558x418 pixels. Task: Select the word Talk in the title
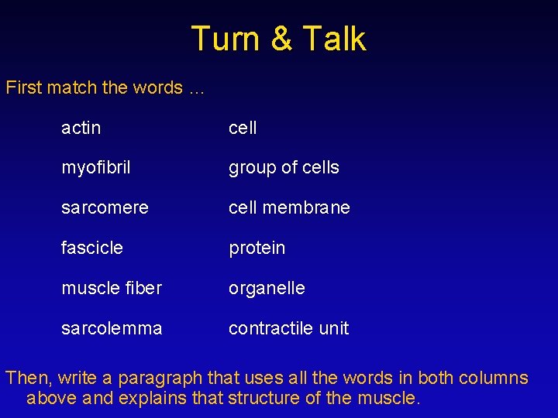(x=335, y=39)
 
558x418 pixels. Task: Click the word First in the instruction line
(x=23, y=87)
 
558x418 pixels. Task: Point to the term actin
(x=81, y=128)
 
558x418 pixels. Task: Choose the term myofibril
(x=96, y=168)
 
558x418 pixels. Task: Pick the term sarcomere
(x=105, y=208)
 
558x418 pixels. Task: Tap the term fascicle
(x=92, y=248)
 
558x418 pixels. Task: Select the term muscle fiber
(x=112, y=289)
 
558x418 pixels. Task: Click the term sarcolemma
(x=112, y=328)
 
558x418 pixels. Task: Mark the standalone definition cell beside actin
(x=243, y=128)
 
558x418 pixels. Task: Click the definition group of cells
(x=284, y=168)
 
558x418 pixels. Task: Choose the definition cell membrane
(x=289, y=208)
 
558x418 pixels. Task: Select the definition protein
(x=257, y=248)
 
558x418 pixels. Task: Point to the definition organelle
(x=267, y=289)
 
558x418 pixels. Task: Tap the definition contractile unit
(x=288, y=328)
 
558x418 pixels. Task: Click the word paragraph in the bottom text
(x=172, y=379)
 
